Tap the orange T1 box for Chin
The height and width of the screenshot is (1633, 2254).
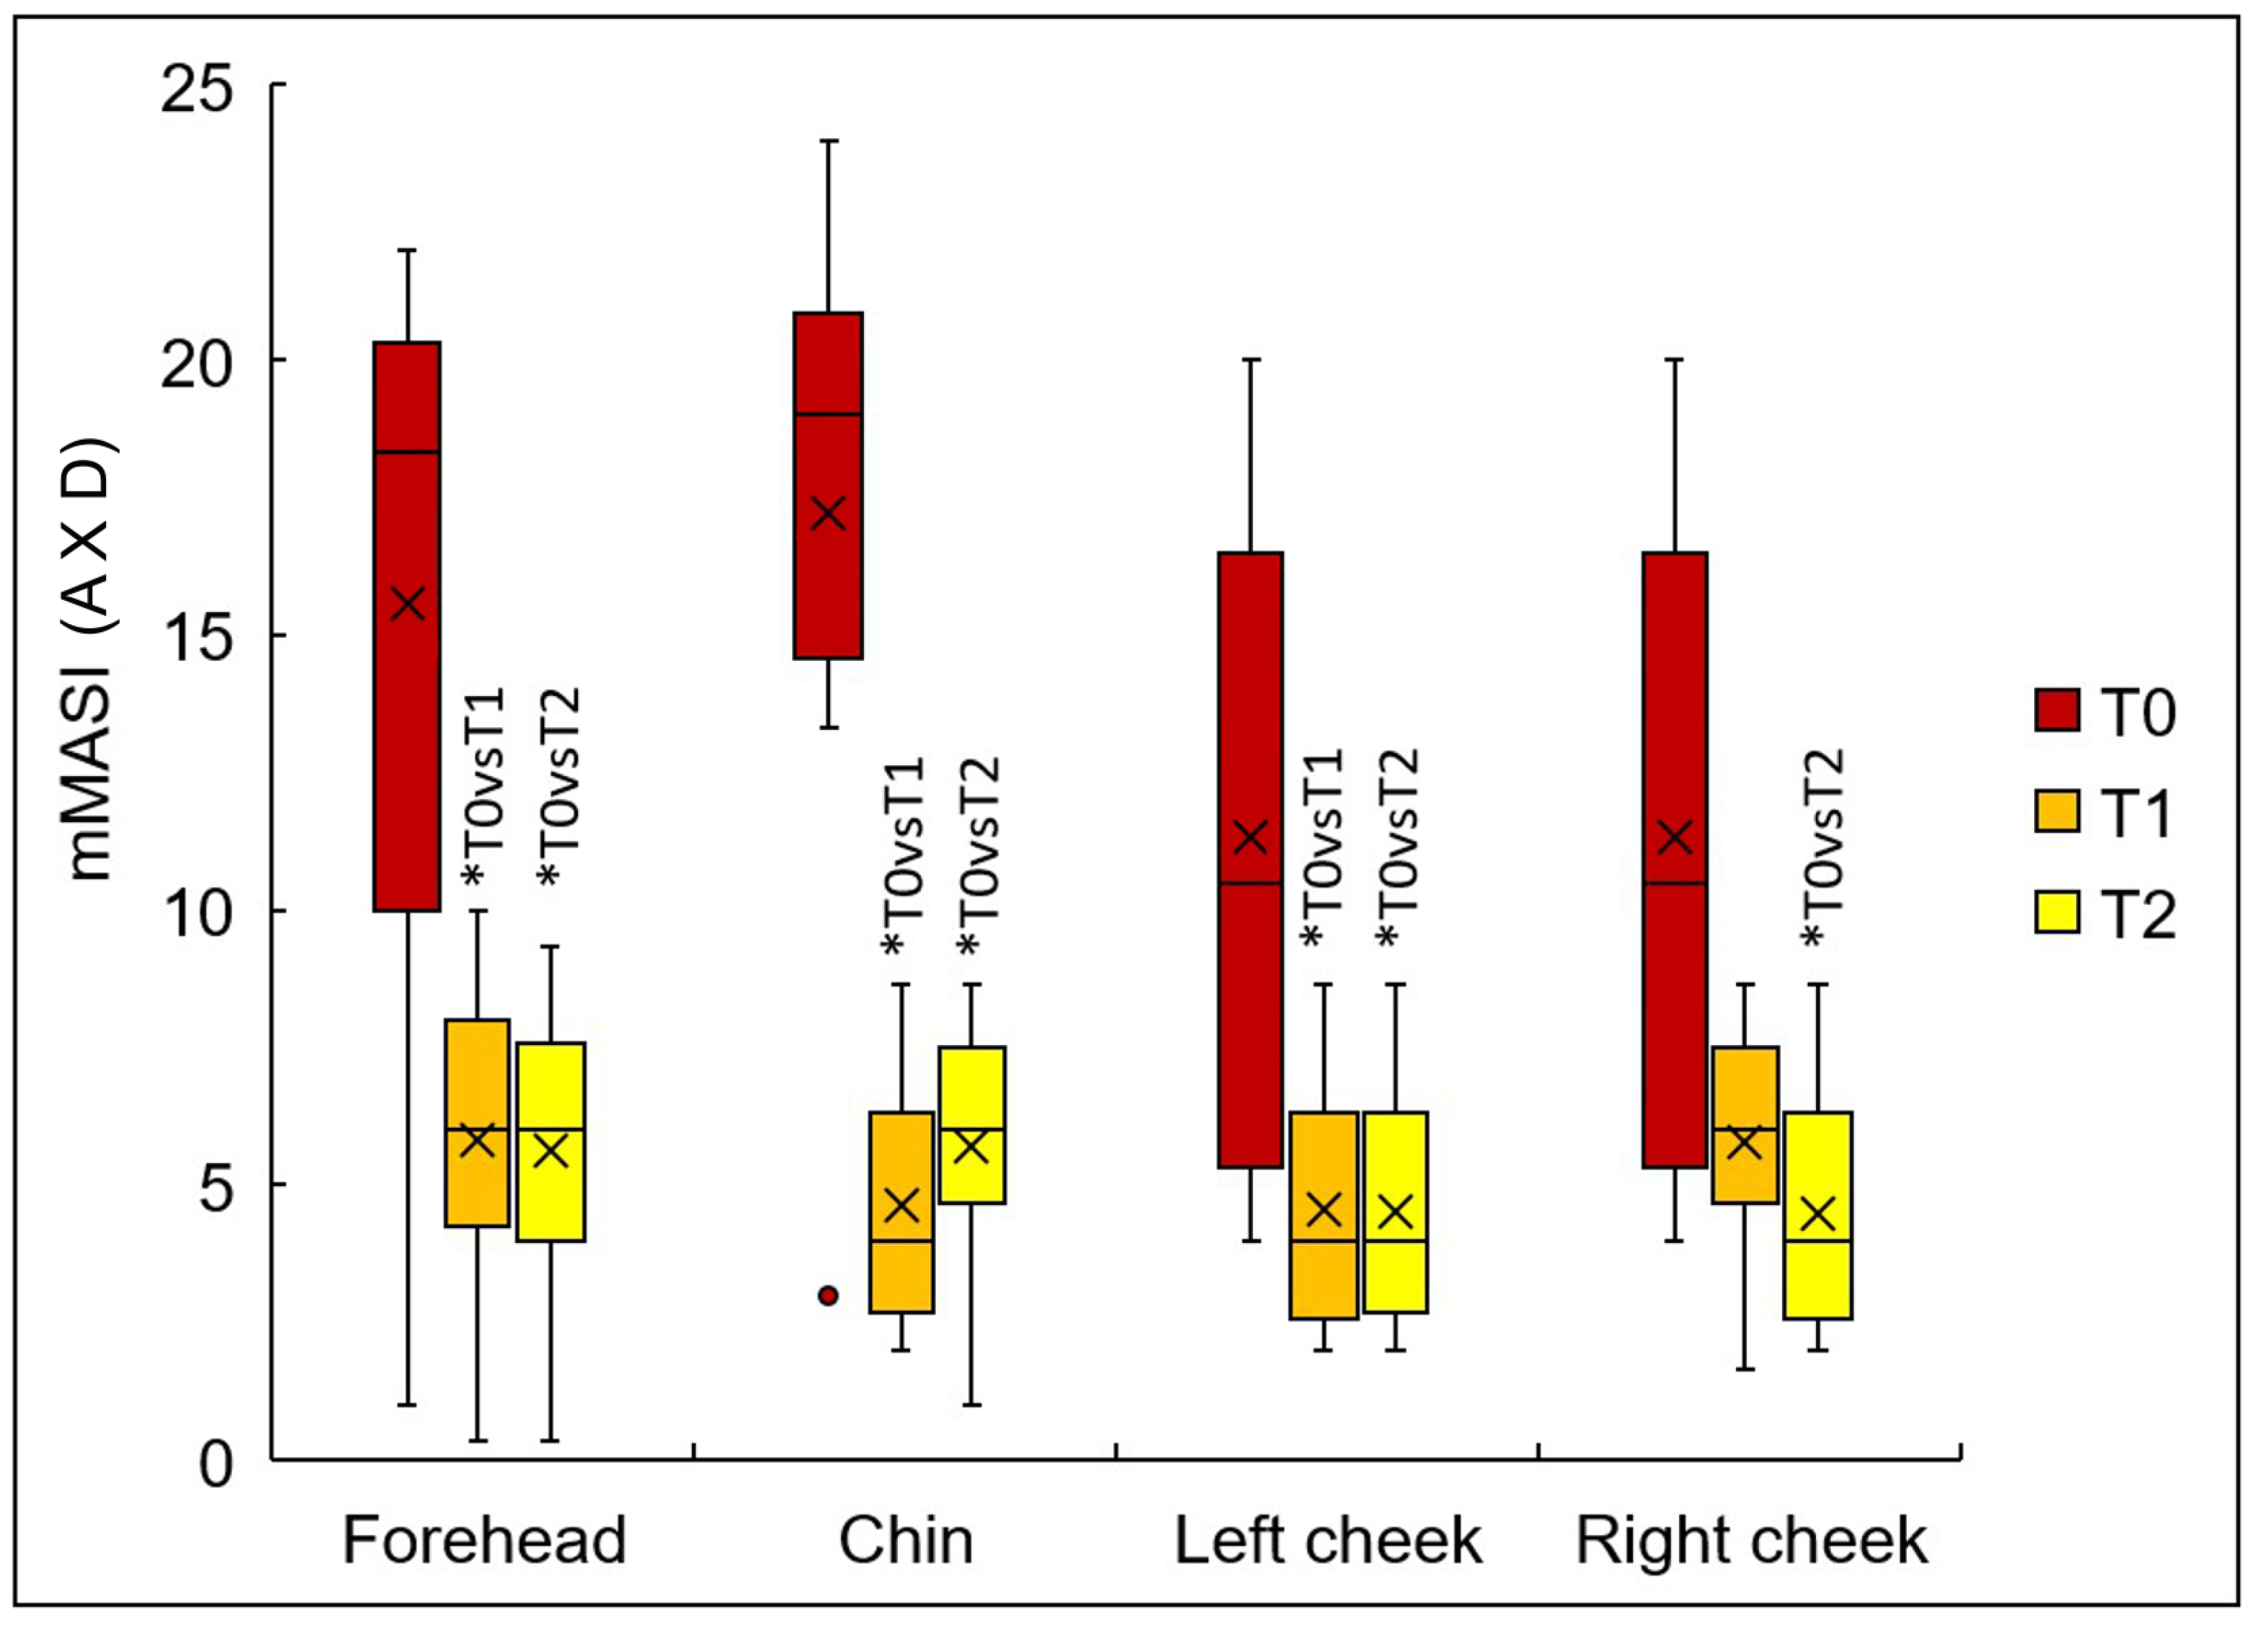[x=901, y=1213]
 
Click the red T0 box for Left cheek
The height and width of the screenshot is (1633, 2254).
[x=1250, y=860]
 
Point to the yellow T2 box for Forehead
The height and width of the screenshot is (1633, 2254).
[x=551, y=1142]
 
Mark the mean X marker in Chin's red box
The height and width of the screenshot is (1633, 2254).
[x=828, y=514]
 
